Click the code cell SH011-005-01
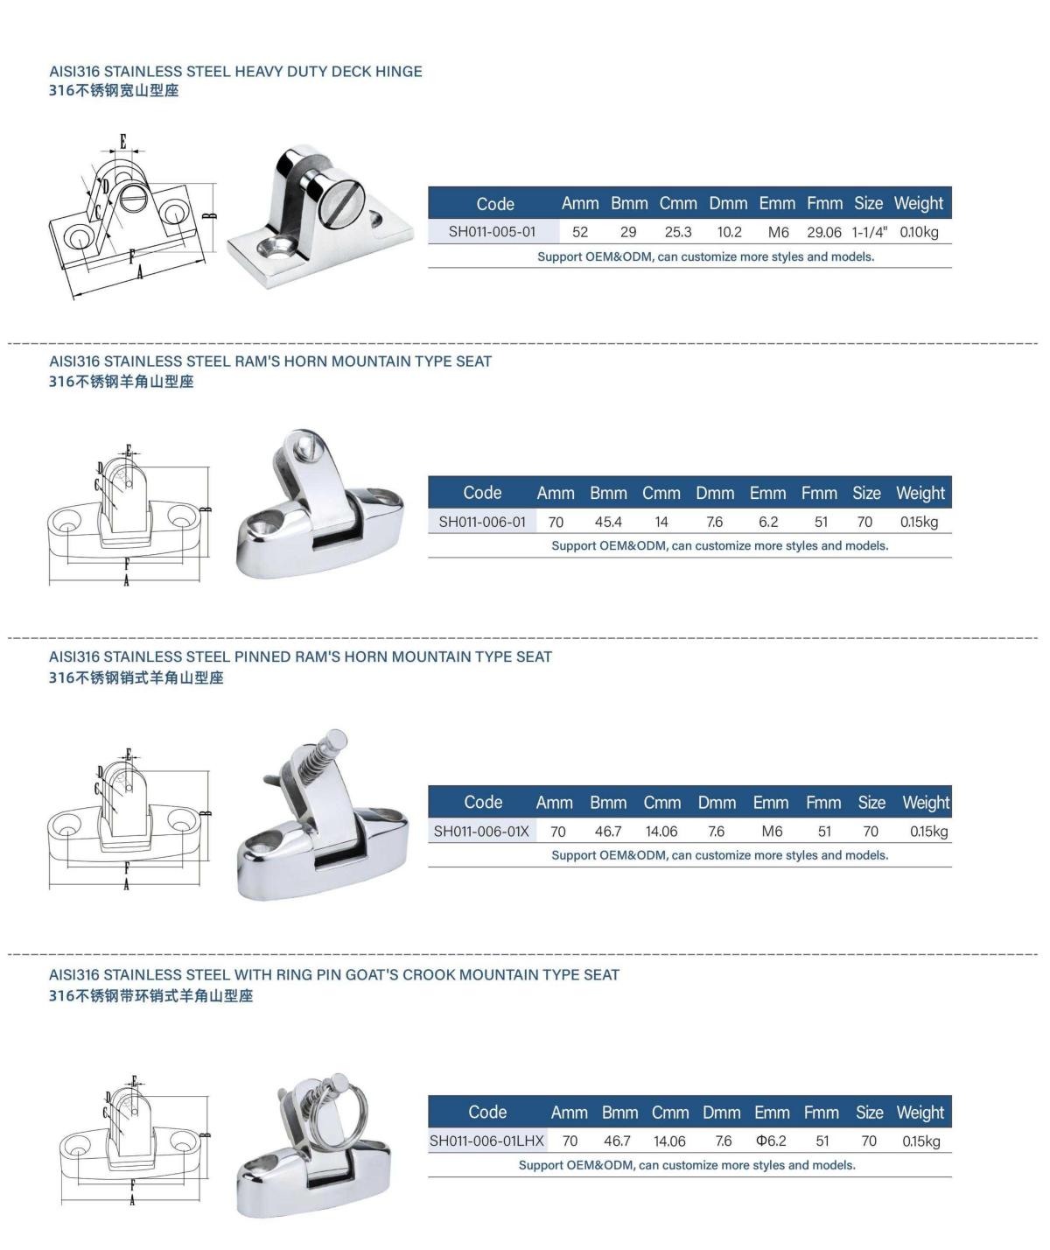point(492,232)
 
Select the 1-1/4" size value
point(869,232)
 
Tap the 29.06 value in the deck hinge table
point(823,232)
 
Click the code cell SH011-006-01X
point(481,832)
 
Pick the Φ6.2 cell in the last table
point(771,1141)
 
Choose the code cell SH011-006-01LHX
point(486,1141)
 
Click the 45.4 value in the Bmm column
point(608,522)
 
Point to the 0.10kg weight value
point(919,232)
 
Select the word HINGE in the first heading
point(399,72)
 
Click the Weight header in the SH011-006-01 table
point(920,494)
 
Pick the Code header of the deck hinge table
point(495,204)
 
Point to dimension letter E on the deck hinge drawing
point(123,141)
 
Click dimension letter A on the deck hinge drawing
point(140,272)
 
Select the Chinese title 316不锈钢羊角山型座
point(122,382)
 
